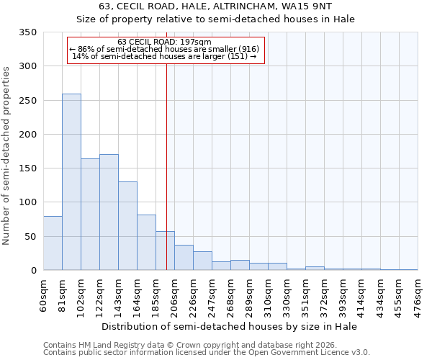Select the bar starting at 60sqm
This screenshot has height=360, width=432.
pos(53,243)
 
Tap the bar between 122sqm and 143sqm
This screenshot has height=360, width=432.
pos(109,212)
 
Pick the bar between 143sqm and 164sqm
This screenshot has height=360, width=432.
pos(127,226)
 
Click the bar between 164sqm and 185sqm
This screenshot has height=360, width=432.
pos(146,243)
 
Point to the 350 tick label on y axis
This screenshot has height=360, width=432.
pos(27,32)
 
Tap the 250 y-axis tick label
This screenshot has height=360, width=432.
pos(27,101)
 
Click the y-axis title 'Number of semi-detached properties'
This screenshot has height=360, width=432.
pos(7,156)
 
